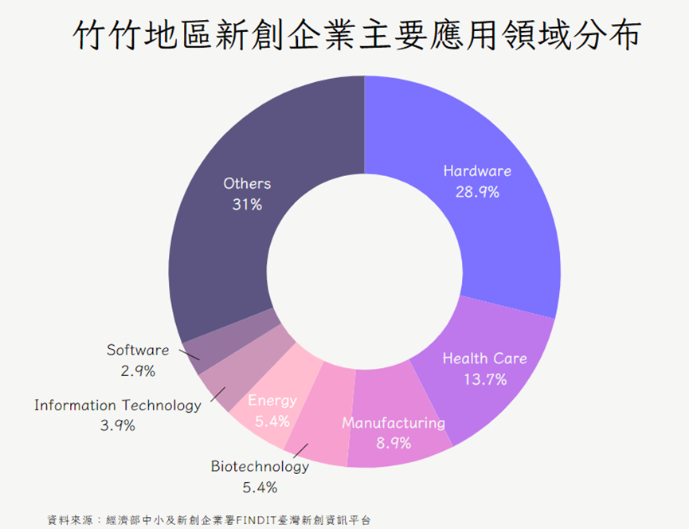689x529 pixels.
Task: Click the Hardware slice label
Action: [477, 170]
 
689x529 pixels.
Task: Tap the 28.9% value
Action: [477, 192]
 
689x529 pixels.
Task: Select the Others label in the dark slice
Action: [247, 183]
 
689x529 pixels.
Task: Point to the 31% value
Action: [247, 204]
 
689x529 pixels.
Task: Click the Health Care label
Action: [484, 358]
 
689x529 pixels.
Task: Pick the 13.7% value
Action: [485, 379]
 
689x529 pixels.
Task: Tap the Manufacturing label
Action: [393, 423]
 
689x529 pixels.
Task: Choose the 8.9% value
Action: [393, 443]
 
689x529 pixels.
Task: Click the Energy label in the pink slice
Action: [272, 401]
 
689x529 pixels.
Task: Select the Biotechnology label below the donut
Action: [260, 466]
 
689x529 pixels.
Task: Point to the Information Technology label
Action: [118, 405]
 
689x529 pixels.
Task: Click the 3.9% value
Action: [118, 425]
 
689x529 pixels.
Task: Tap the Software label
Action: [138, 350]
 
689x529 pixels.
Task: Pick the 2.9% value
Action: [138, 371]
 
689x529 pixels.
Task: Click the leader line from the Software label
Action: [190, 355]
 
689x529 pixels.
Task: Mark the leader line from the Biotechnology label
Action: [301, 451]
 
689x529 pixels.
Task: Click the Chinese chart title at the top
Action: [356, 35]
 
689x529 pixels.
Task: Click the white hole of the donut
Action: [364, 272]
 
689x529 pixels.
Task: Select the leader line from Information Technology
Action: [218, 394]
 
